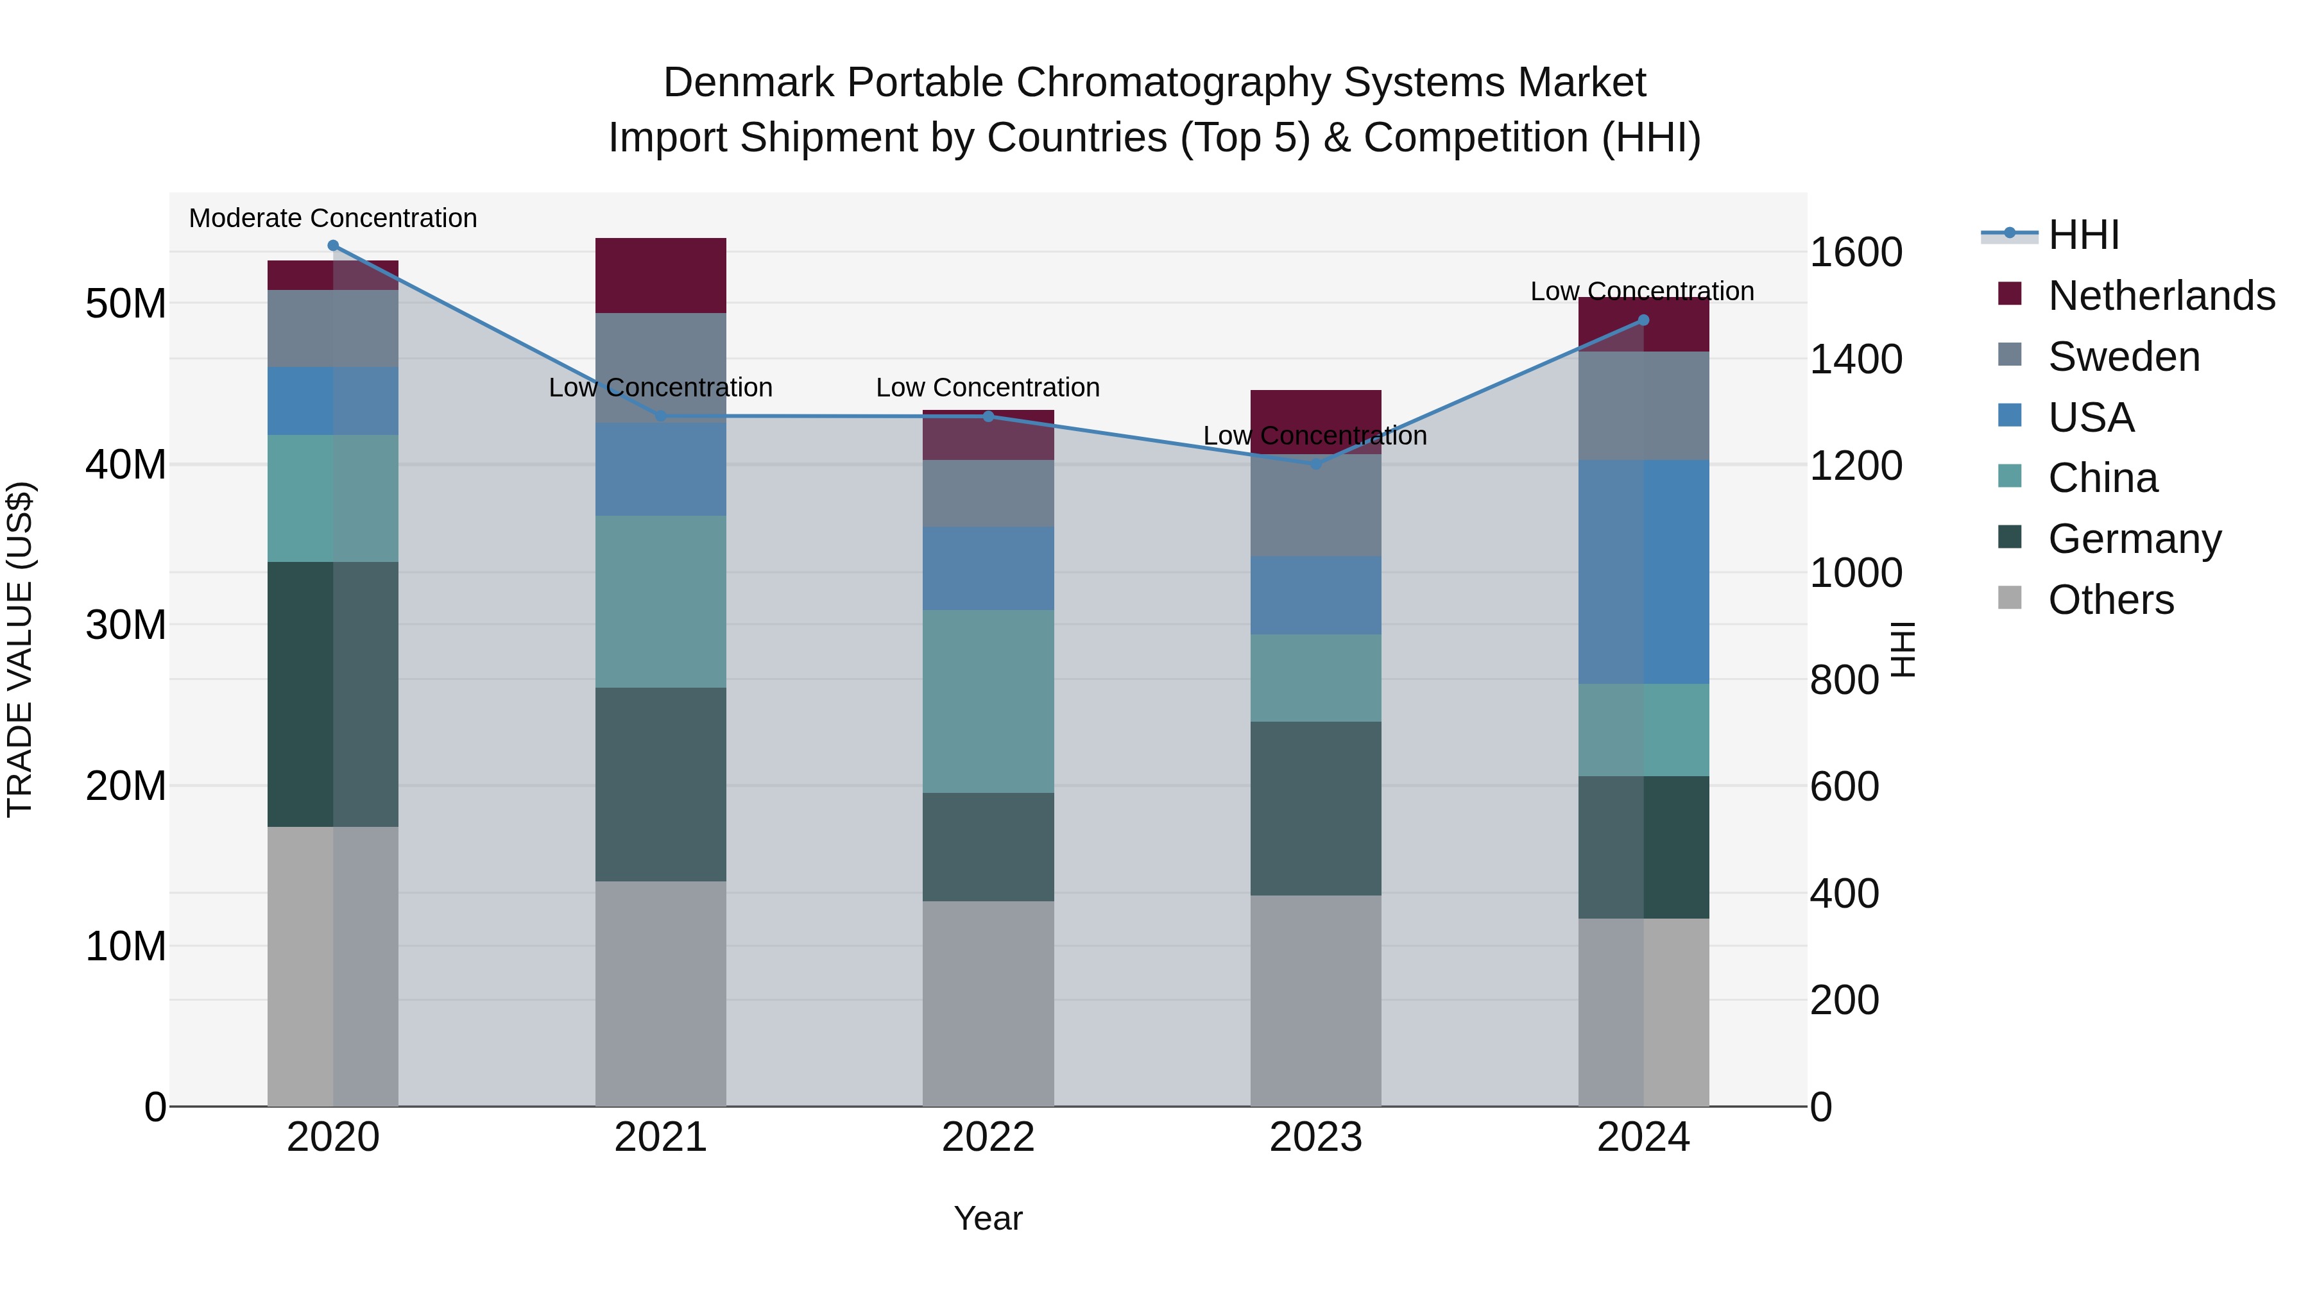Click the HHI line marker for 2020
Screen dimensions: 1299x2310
332,246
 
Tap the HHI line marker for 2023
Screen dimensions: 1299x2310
1315,464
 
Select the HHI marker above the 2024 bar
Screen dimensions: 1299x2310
1643,320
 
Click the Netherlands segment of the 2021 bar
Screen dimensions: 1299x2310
660,275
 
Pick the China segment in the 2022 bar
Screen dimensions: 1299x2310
988,701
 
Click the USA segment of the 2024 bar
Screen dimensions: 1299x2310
1643,572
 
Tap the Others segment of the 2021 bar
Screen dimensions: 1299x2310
660,993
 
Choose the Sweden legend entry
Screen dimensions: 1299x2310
2123,357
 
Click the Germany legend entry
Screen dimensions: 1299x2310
2134,539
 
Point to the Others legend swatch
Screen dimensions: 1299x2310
2010,598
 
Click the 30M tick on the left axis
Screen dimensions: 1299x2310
126,625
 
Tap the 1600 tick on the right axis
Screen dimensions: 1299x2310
1855,252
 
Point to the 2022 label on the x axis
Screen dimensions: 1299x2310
988,1137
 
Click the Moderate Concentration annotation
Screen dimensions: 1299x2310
332,218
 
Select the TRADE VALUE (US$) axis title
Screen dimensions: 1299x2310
20,649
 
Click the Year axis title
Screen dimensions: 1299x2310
988,1218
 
